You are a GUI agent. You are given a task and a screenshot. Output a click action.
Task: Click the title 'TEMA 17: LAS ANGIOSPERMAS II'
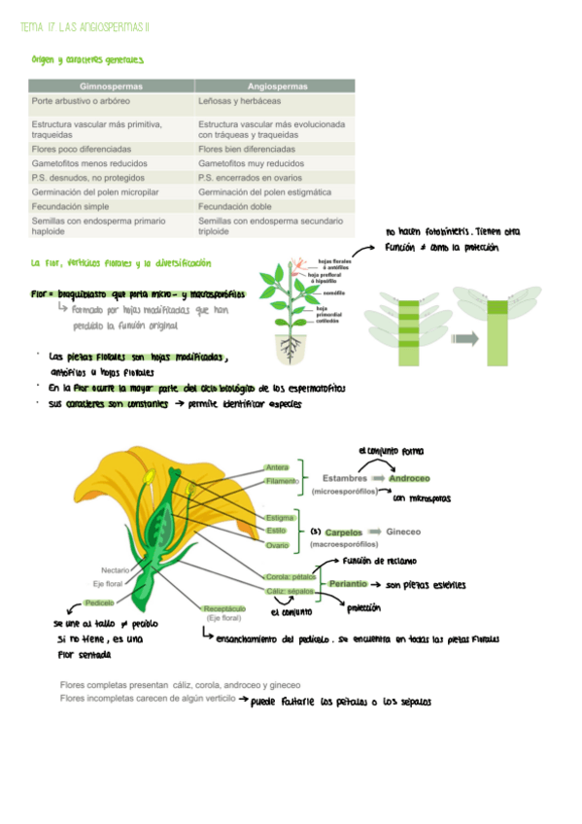click(x=86, y=28)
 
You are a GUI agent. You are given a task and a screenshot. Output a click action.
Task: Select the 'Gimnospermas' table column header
click(x=111, y=86)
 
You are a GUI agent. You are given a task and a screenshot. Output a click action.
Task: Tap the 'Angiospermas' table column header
click(x=273, y=86)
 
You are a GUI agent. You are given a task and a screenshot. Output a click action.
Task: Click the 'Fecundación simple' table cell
click(x=72, y=207)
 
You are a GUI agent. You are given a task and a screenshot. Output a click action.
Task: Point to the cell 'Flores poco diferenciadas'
click(x=81, y=150)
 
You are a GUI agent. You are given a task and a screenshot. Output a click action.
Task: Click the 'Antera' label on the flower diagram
click(x=277, y=468)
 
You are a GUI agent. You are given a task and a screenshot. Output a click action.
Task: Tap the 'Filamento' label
click(x=282, y=481)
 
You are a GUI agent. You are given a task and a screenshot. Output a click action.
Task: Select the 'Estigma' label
click(x=280, y=518)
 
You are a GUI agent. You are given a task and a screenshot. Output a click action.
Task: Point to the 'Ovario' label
click(x=278, y=545)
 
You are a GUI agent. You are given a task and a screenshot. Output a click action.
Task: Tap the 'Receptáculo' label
click(x=224, y=607)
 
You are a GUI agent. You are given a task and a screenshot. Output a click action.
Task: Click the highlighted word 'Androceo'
click(x=409, y=478)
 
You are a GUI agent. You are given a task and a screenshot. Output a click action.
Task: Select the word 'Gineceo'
click(x=403, y=532)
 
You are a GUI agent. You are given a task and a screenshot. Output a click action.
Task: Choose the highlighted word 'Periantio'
click(x=348, y=584)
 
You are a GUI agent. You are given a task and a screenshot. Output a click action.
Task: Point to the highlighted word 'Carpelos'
click(x=343, y=532)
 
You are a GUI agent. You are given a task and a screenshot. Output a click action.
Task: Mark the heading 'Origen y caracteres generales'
click(x=87, y=60)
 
